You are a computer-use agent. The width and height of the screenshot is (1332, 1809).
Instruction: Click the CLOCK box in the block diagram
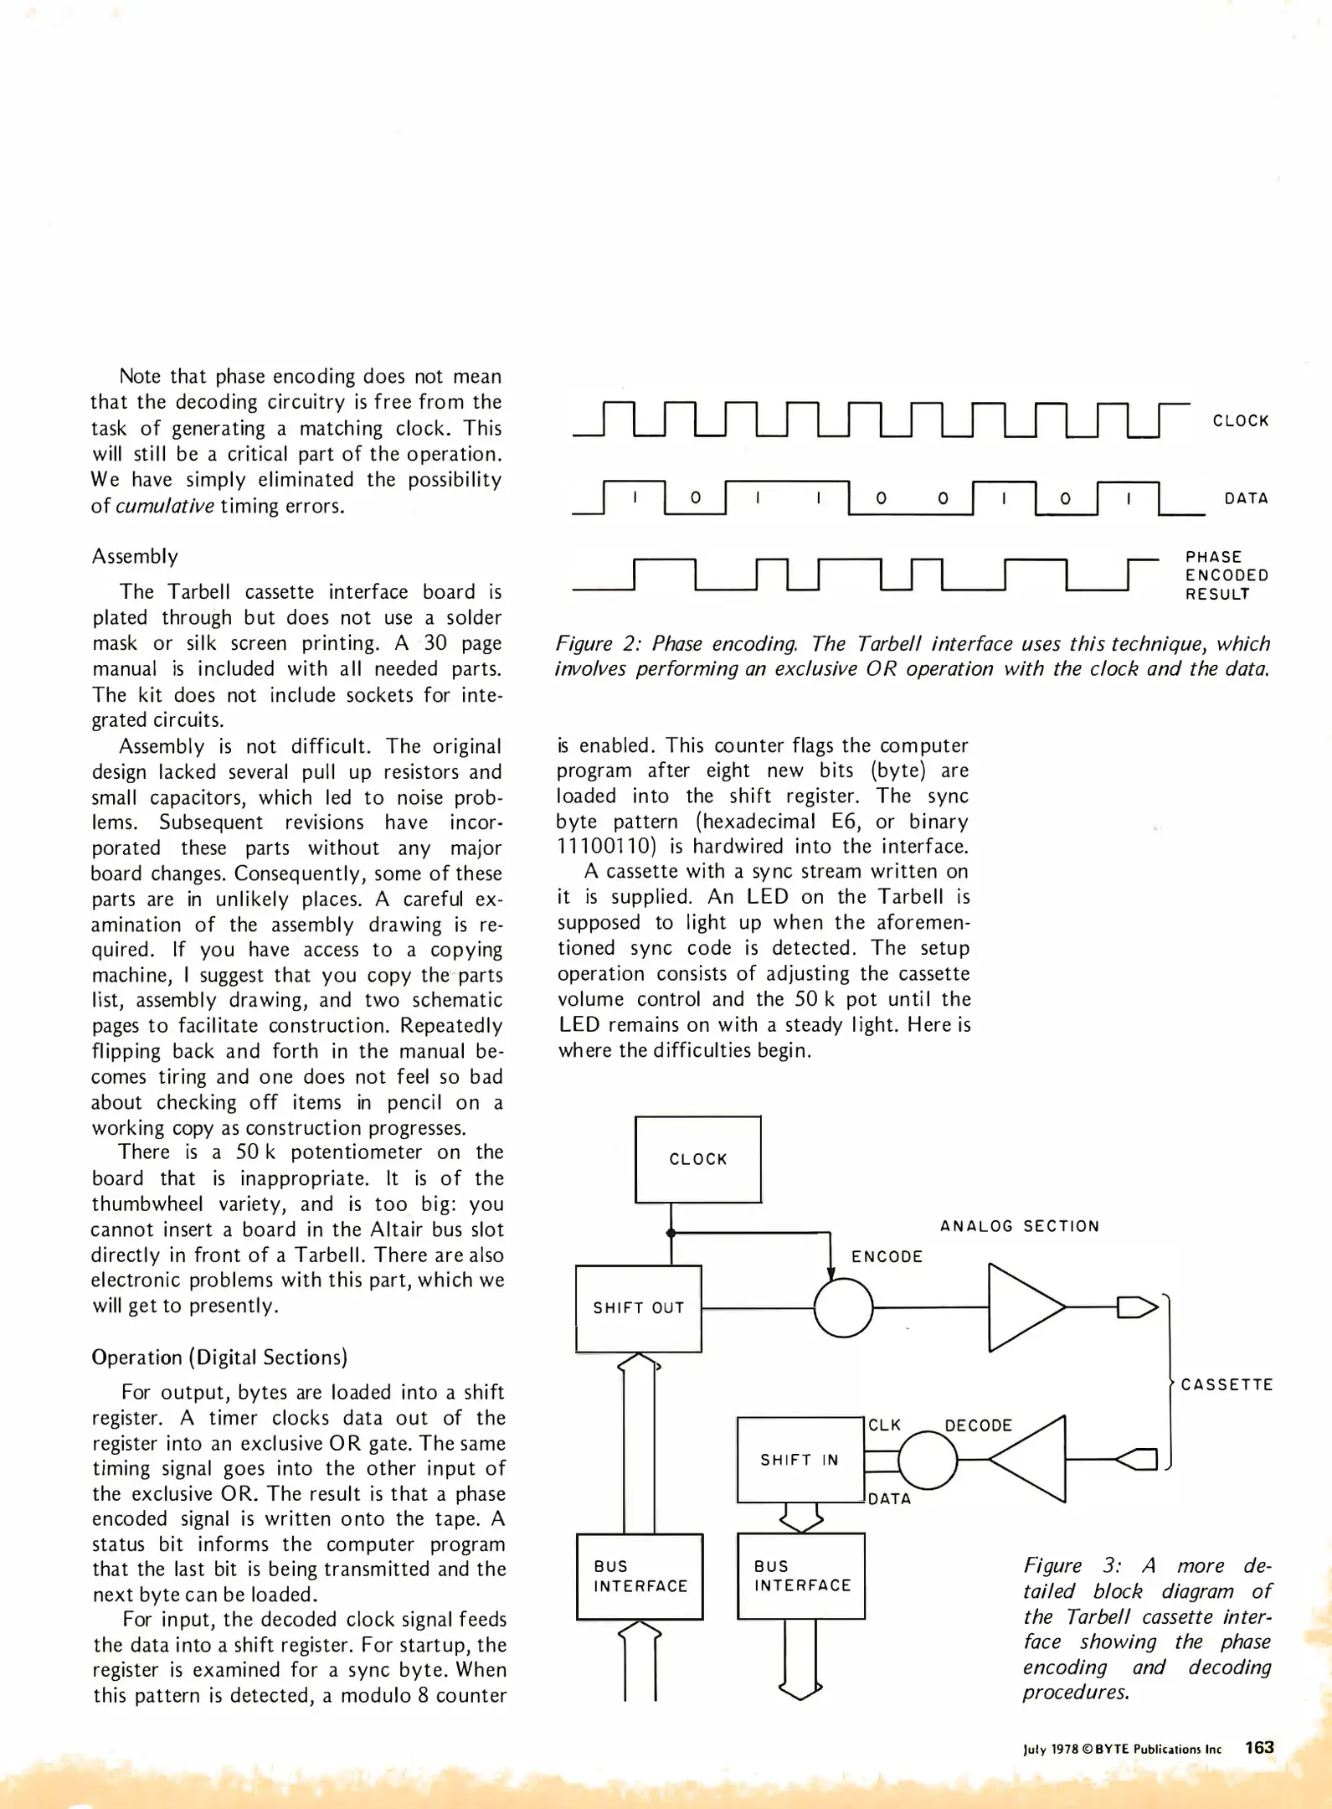(698, 1159)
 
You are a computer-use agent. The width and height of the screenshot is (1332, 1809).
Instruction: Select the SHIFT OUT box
(639, 1307)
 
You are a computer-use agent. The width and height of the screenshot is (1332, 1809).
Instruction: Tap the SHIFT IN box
(800, 1460)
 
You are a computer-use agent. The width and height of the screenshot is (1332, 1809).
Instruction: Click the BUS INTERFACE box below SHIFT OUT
(640, 1576)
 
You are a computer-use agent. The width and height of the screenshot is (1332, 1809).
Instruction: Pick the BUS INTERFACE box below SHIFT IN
(801, 1575)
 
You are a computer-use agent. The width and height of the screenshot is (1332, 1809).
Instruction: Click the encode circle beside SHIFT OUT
(843, 1307)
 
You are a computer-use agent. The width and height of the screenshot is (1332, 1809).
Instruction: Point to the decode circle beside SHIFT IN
(928, 1460)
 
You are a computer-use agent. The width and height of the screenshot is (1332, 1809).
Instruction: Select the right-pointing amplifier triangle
(1023, 1307)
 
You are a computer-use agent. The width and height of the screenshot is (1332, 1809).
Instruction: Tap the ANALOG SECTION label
(1019, 1226)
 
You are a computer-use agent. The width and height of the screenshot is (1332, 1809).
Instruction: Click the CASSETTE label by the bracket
(1227, 1384)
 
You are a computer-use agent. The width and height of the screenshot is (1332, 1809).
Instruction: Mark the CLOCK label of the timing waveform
(1241, 420)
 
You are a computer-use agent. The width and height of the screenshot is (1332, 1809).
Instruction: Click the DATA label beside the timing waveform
(1246, 498)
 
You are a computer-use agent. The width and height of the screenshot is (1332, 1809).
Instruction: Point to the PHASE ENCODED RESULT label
(1227, 575)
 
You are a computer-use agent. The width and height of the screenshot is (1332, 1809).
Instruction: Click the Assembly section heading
(135, 556)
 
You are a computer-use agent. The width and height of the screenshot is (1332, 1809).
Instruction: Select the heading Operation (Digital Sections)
(219, 1357)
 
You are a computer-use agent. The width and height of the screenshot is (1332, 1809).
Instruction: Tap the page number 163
(1259, 1747)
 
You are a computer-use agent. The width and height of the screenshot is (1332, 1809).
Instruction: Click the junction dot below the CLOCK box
(671, 1233)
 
